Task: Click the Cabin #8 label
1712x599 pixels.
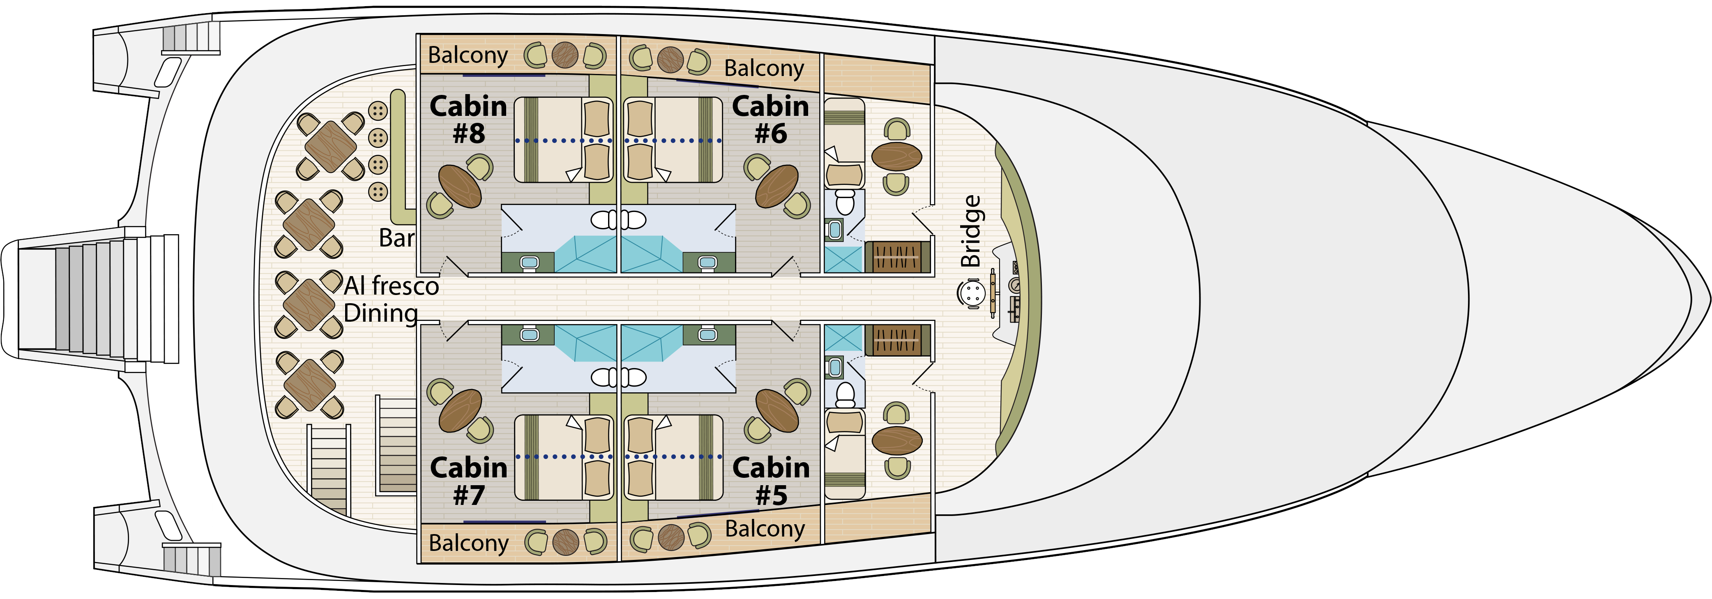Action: click(468, 120)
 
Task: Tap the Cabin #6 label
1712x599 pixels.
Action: click(770, 120)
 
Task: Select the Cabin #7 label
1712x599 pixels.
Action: click(468, 482)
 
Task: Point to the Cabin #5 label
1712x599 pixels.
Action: click(771, 482)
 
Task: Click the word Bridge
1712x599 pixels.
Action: click(971, 231)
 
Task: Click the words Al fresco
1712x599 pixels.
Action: click(392, 286)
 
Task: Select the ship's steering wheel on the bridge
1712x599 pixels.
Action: click(972, 293)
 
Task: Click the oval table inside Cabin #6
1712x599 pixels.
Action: click(777, 186)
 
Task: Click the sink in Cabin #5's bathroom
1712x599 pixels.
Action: click(707, 335)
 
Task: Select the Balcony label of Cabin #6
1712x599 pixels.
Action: click(764, 68)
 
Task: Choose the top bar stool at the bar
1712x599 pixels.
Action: click(378, 111)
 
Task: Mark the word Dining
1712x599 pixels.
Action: click(381, 313)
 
